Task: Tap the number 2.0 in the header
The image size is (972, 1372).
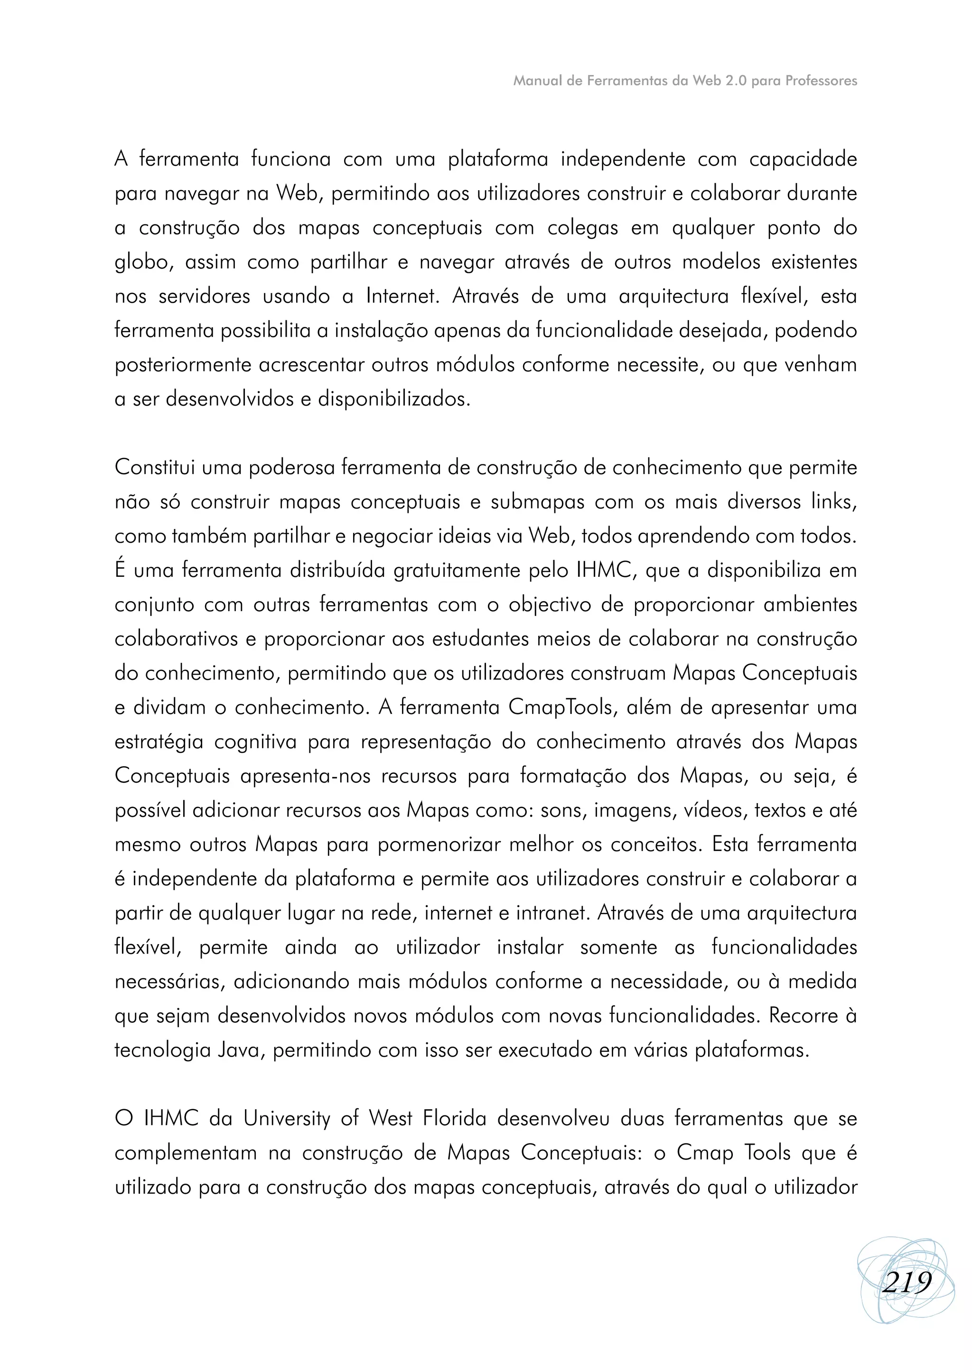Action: point(736,81)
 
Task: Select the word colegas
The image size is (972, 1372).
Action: point(582,229)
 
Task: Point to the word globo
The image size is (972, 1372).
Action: point(142,263)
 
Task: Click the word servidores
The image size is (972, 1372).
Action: point(204,297)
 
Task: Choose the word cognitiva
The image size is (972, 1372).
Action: point(255,742)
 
